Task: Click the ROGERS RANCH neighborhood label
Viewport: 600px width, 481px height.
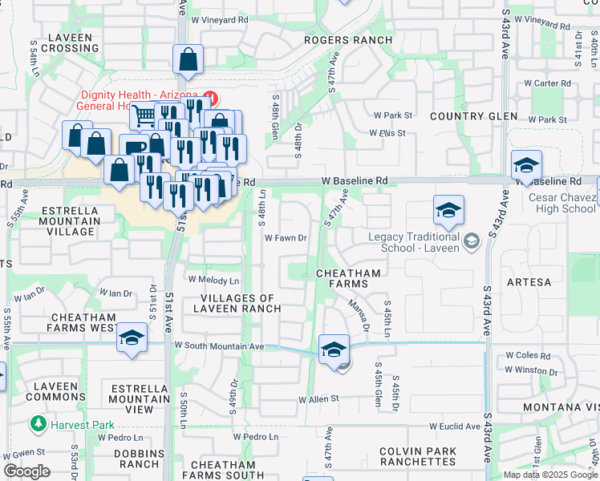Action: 348,40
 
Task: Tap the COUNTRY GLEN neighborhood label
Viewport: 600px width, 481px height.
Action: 473,116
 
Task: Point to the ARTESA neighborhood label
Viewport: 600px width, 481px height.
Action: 529,282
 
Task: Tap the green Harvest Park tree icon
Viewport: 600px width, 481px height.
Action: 37,422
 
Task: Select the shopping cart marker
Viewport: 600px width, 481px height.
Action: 144,117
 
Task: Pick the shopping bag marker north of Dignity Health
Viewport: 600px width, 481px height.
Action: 188,59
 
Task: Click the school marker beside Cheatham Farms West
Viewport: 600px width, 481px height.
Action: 132,338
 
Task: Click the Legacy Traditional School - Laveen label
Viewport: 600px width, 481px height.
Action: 414,242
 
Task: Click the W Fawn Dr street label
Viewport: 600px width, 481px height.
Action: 286,238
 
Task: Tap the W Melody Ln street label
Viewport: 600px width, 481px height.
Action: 213,281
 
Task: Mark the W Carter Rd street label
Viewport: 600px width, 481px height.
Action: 547,83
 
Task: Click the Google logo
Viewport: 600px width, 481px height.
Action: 26,471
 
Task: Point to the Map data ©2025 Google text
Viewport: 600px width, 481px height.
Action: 550,475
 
